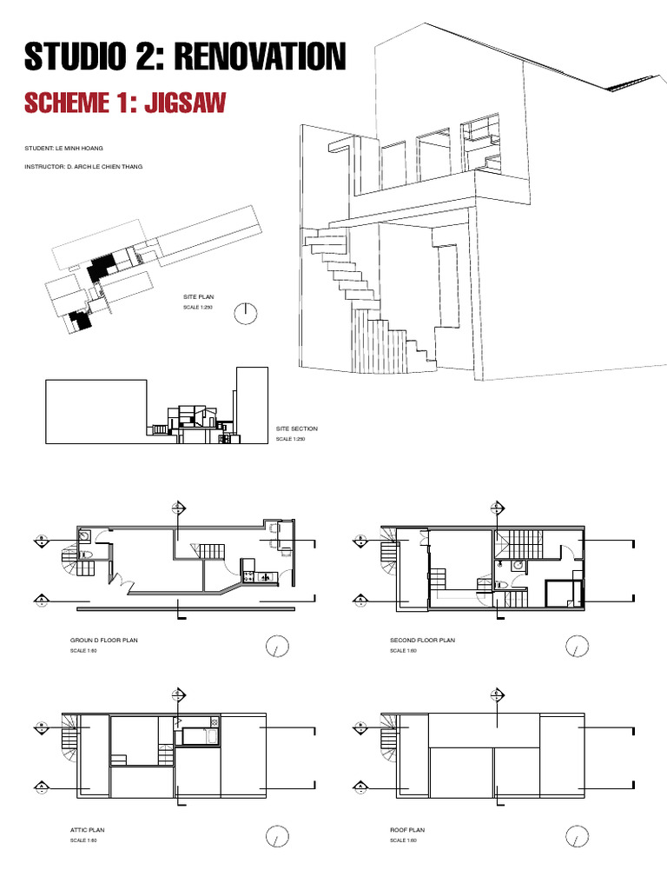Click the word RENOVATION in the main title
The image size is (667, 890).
[261, 57]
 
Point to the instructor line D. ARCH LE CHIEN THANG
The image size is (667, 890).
[84, 166]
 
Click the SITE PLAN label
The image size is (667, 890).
[197, 297]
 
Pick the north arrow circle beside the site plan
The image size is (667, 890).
[247, 313]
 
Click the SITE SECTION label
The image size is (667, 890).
[297, 428]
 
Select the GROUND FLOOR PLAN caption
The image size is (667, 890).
[103, 640]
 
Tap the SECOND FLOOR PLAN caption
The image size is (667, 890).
[422, 640]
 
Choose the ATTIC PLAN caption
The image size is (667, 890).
[87, 830]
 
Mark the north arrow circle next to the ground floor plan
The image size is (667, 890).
[276, 648]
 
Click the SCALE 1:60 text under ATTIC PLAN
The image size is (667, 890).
[83, 840]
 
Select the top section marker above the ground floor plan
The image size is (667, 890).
[178, 508]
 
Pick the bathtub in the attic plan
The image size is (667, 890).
[201, 737]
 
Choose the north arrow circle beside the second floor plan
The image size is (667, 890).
[575, 648]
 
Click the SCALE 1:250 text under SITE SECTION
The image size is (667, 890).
[291, 440]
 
